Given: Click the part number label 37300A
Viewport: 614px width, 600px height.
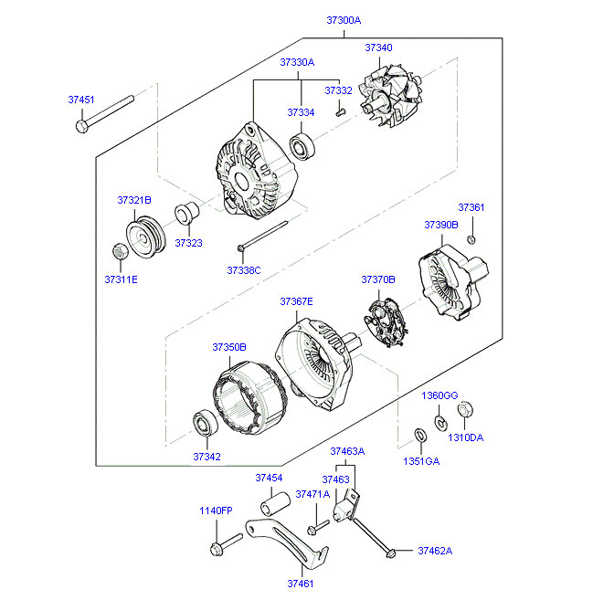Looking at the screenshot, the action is (x=344, y=20).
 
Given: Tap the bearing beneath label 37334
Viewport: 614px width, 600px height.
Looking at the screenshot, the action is (x=303, y=147).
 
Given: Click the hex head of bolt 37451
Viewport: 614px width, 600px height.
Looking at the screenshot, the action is (x=82, y=126).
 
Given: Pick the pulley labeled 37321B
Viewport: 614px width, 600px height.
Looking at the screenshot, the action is (x=145, y=237).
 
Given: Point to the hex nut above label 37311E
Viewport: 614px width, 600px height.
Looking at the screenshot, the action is (x=120, y=251).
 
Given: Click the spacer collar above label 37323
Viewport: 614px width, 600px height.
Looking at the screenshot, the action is (x=186, y=214).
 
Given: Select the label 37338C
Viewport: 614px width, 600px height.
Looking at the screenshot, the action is (x=244, y=270).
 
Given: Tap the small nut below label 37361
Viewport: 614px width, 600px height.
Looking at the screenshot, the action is (x=471, y=239).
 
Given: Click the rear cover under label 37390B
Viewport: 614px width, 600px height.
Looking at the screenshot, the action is (x=452, y=282).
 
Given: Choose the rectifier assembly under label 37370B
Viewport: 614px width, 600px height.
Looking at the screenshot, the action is (x=386, y=322).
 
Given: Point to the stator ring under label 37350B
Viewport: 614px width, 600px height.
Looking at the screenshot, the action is (x=250, y=398).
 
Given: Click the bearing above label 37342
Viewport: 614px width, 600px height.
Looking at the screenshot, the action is (x=206, y=423).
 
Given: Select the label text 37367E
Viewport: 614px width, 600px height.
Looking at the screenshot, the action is (x=296, y=301).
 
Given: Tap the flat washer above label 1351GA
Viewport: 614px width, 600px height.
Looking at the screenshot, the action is (x=420, y=436).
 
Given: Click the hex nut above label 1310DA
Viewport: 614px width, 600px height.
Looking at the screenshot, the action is (x=465, y=410).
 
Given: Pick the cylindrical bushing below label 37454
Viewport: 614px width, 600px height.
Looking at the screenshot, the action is (x=275, y=504).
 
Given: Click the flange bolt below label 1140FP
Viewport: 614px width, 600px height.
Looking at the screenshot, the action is (x=227, y=544).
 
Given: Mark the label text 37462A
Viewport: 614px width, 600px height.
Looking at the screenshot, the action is (x=435, y=551).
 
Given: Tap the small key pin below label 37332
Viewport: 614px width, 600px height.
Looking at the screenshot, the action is (x=341, y=112).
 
